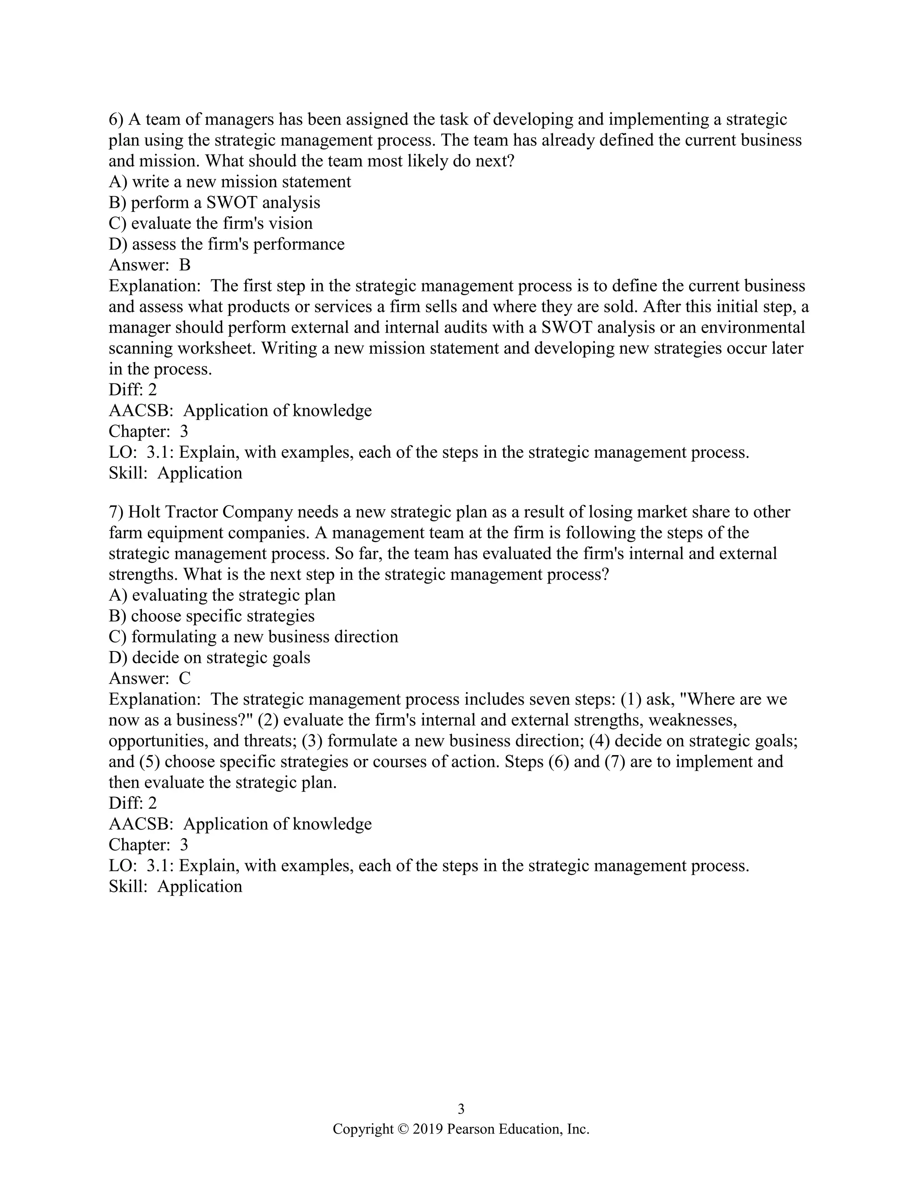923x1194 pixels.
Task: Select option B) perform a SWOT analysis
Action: (x=215, y=203)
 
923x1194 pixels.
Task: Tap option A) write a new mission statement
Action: (x=230, y=182)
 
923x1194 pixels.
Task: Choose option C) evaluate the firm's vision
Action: (x=210, y=223)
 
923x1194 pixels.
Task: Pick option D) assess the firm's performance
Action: (x=226, y=244)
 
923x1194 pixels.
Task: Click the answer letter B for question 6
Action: (x=185, y=265)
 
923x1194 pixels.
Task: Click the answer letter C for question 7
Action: (x=185, y=679)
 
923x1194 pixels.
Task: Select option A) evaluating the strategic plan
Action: (x=222, y=595)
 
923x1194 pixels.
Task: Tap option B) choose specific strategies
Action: (x=212, y=616)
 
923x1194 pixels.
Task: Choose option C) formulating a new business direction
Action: (x=253, y=637)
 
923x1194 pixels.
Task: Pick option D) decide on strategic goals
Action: (x=210, y=658)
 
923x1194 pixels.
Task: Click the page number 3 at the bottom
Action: (x=461, y=1109)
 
